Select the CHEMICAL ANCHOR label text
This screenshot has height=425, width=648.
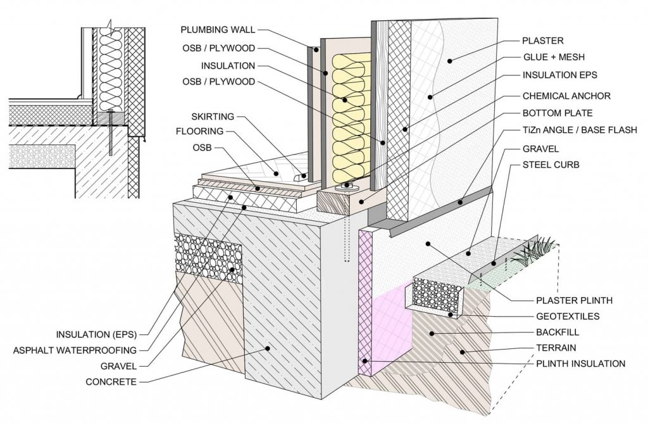(x=566, y=96)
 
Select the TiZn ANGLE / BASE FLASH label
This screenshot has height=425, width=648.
(x=579, y=130)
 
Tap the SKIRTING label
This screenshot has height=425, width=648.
(x=213, y=117)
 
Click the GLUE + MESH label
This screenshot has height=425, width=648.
(x=552, y=58)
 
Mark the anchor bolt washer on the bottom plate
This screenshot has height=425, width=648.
(x=345, y=187)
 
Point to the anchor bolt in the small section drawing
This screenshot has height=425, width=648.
(x=111, y=133)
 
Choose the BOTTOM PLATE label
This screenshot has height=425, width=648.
(x=558, y=113)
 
